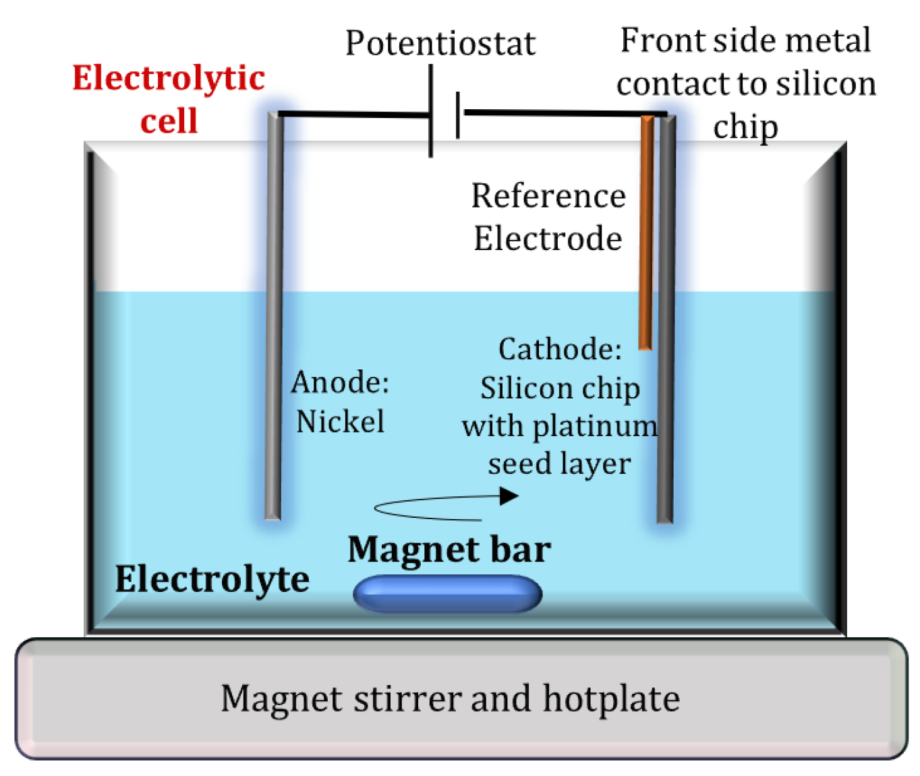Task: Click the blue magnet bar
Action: [447, 594]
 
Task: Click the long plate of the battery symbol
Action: [431, 111]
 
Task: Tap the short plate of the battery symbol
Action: [458, 115]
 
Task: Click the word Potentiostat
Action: [440, 44]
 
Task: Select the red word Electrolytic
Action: [169, 78]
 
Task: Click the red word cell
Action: [169, 121]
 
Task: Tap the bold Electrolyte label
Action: [212, 579]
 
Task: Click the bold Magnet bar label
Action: [449, 549]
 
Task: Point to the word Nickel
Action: [341, 422]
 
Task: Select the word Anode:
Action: [340, 382]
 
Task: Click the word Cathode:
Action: [560, 349]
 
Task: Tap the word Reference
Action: [548, 196]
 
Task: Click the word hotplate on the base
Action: [611, 698]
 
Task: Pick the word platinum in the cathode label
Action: [595, 426]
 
